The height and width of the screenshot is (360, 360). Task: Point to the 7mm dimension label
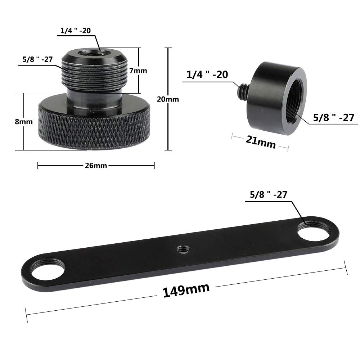click(138, 71)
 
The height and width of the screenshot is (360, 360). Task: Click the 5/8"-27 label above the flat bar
click(268, 195)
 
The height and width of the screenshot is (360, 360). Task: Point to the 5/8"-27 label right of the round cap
click(333, 117)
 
